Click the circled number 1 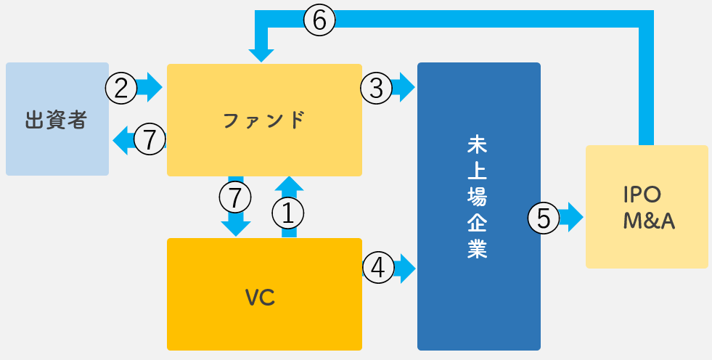pyautogui.click(x=287, y=213)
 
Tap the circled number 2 pyautogui.click(x=121, y=88)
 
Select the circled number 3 pyautogui.click(x=376, y=88)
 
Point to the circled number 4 pyautogui.click(x=377, y=269)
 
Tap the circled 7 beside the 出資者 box pyautogui.click(x=150, y=139)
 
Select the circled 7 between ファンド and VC pyautogui.click(x=234, y=196)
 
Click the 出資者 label pyautogui.click(x=57, y=120)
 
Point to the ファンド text pyautogui.click(x=264, y=120)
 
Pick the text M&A pyautogui.click(x=649, y=222)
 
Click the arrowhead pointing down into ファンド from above pyautogui.click(x=261, y=54)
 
